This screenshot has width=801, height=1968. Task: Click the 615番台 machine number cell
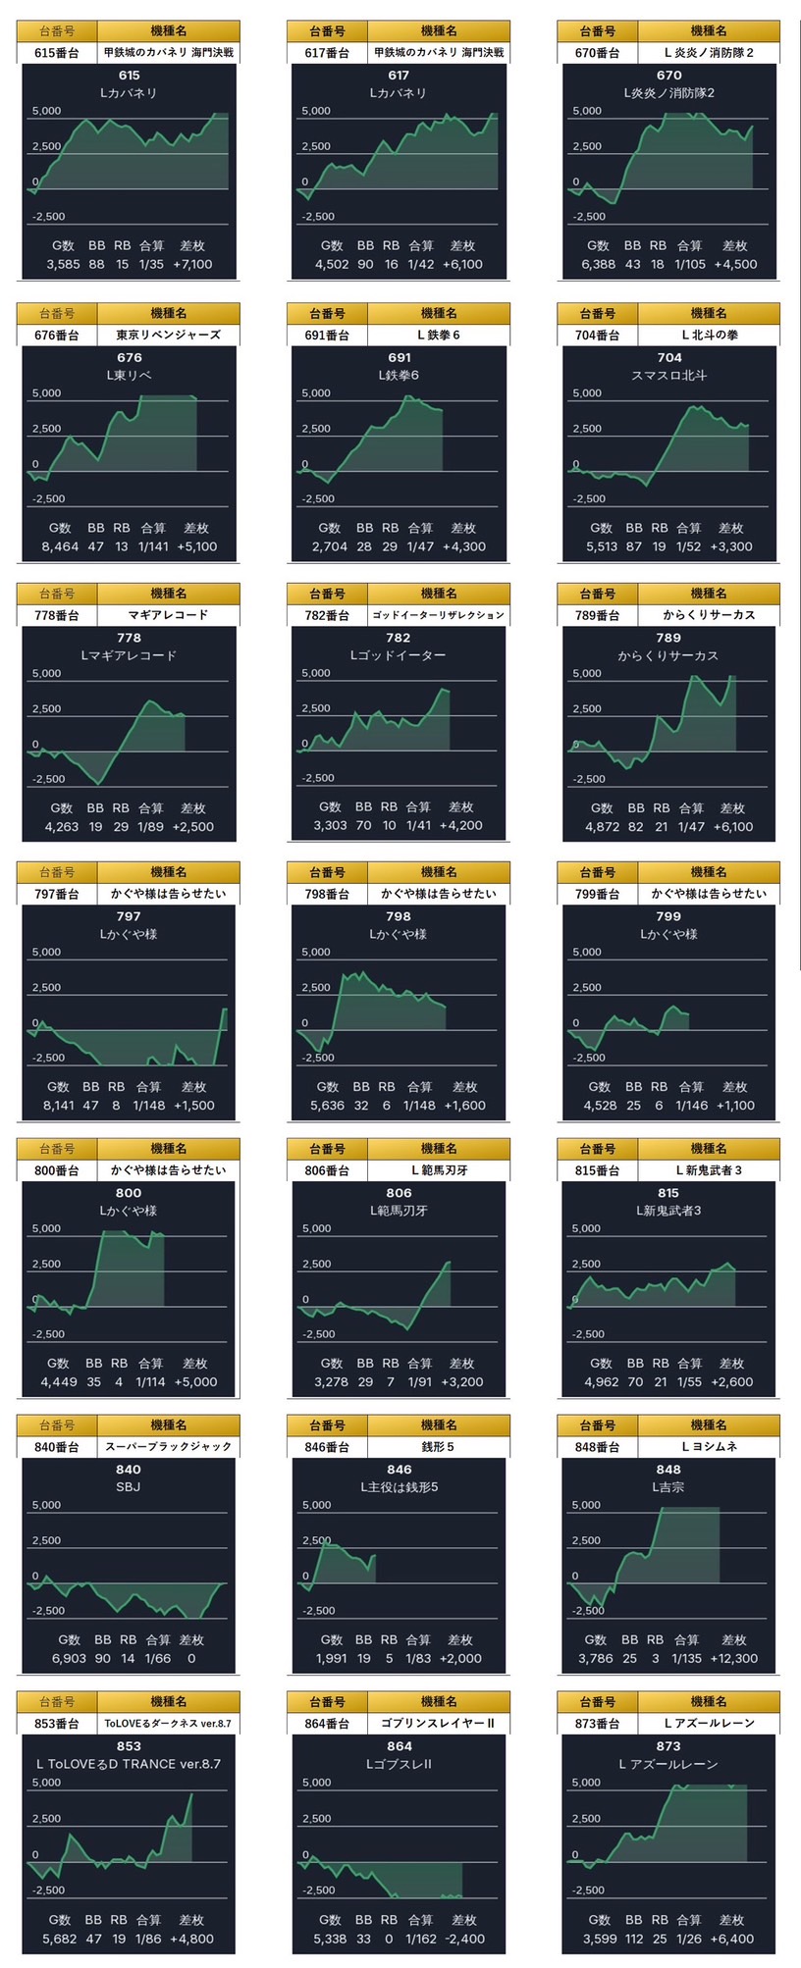pyautogui.click(x=57, y=53)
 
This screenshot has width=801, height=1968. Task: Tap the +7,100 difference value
pyautogui.click(x=192, y=264)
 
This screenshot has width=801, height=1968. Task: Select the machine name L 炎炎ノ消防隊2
pyautogui.click(x=709, y=53)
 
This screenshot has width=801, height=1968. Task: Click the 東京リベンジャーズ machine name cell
pyautogui.click(x=169, y=336)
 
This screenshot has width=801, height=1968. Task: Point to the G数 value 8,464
pyautogui.click(x=61, y=546)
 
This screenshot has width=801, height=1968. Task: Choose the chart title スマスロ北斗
pyautogui.click(x=668, y=375)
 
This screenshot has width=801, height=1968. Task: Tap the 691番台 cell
pyautogui.click(x=327, y=336)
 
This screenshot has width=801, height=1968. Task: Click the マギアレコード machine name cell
pyautogui.click(x=169, y=615)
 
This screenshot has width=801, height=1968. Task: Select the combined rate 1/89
pyautogui.click(x=150, y=826)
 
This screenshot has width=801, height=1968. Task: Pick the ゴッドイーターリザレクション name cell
pyautogui.click(x=439, y=615)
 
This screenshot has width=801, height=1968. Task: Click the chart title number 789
pyautogui.click(x=668, y=638)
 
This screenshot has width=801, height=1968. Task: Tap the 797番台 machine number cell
pyautogui.click(x=57, y=894)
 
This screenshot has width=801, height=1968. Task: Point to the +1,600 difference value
pyautogui.click(x=464, y=1105)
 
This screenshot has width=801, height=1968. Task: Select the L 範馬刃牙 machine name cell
pyautogui.click(x=439, y=1170)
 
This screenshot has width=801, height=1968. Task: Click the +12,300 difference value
pyautogui.click(x=733, y=1658)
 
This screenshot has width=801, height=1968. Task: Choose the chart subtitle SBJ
pyautogui.click(x=129, y=1486)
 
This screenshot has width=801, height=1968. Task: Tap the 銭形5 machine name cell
pyautogui.click(x=439, y=1447)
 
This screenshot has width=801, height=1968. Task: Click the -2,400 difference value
pyautogui.click(x=463, y=1939)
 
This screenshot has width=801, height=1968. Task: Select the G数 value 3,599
pyautogui.click(x=599, y=1939)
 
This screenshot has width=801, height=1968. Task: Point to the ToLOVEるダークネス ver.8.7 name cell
pyautogui.click(x=169, y=1723)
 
